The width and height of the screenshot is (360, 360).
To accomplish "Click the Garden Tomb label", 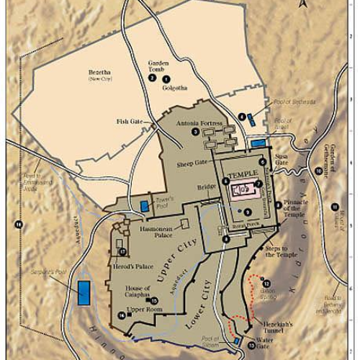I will (158, 66).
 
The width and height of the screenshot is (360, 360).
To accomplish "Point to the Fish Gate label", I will (132, 122).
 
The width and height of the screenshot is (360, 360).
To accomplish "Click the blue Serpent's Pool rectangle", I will (85, 291).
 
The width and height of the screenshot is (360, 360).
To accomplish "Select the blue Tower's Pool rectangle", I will (144, 207).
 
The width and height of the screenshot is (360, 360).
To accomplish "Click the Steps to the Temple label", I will (281, 251).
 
